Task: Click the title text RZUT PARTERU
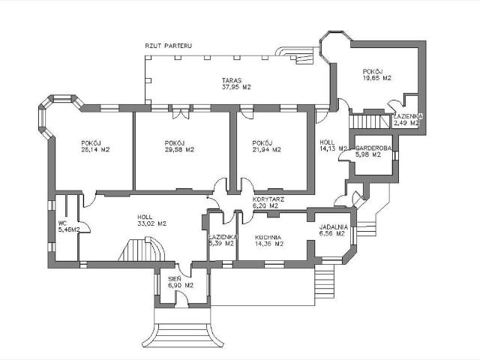click(169, 46)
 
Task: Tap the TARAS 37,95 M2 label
click(235, 83)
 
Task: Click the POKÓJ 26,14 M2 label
click(95, 146)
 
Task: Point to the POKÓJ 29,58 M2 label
click(179, 146)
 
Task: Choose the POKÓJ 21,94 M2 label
click(266, 146)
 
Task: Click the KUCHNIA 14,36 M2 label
click(268, 239)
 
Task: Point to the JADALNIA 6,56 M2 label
click(331, 229)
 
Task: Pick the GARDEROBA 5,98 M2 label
click(371, 151)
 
